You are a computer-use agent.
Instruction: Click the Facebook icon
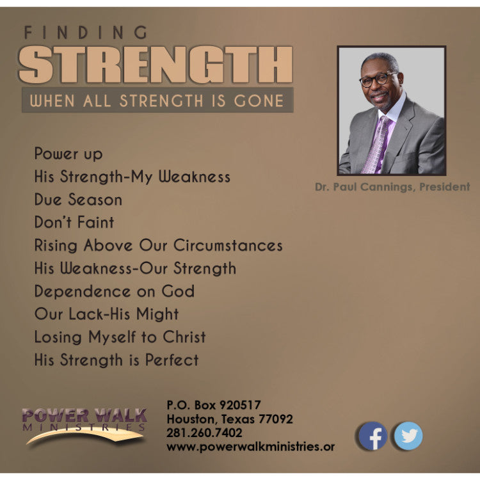(x=372, y=436)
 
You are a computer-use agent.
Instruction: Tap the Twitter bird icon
(x=408, y=436)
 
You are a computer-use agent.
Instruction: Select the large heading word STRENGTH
(x=156, y=65)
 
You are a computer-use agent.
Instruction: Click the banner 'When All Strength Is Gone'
(x=157, y=100)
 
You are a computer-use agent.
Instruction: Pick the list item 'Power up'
(x=68, y=154)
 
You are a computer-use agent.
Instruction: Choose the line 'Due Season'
(x=78, y=200)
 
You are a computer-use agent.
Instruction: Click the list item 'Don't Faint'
(x=74, y=223)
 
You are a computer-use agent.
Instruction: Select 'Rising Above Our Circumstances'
(x=158, y=246)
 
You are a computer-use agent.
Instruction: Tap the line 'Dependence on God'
(x=115, y=291)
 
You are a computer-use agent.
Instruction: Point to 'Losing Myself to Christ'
(x=120, y=337)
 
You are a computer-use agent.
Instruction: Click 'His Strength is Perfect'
(x=116, y=360)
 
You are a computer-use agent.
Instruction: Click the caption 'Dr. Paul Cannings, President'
(x=392, y=187)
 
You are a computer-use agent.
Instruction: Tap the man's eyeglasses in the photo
(x=378, y=80)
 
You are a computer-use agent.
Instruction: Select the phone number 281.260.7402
(x=204, y=433)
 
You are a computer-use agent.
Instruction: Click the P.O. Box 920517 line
(x=213, y=404)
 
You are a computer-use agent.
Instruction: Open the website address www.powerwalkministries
(x=250, y=447)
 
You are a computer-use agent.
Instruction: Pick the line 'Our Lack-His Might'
(x=106, y=314)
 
